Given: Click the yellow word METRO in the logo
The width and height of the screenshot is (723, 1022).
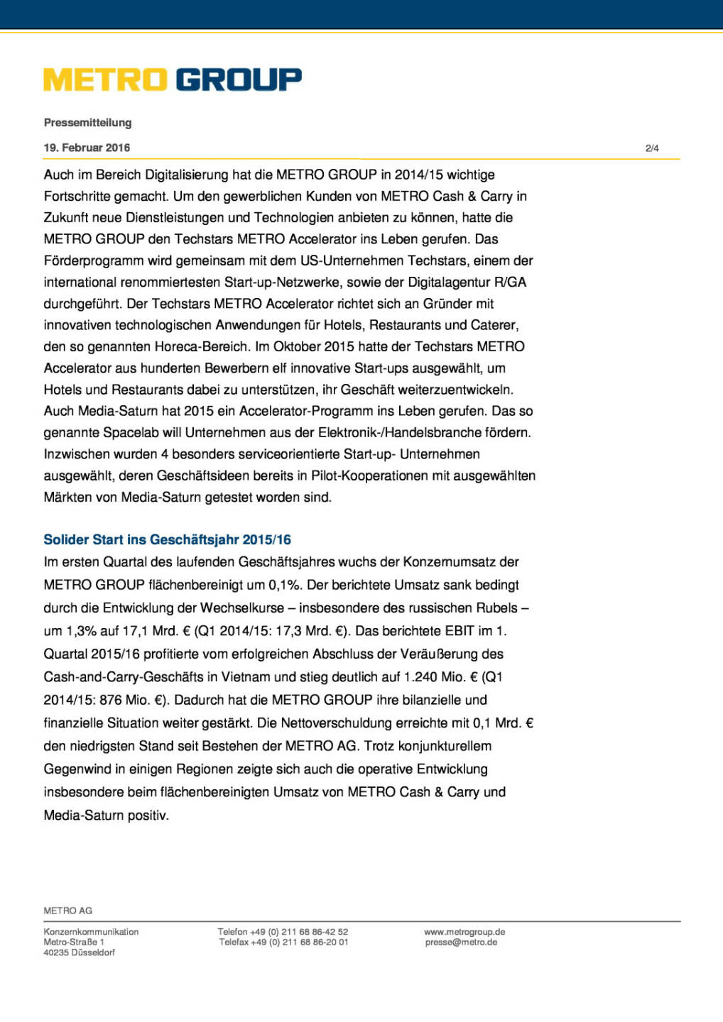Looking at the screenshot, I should point(106,79).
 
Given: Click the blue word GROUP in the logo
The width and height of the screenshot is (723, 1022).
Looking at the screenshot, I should point(239,79).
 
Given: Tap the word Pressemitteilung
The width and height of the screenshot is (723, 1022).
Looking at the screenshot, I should point(87,123).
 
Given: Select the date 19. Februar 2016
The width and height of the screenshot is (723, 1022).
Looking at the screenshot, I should point(87,148).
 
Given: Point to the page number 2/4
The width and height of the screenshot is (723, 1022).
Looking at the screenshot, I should point(652,148).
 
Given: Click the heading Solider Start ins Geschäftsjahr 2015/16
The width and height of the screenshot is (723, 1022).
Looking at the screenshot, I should point(167,539).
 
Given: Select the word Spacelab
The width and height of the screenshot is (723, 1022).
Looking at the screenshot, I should point(131,432).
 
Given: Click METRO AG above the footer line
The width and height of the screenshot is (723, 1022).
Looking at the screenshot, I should point(68,911).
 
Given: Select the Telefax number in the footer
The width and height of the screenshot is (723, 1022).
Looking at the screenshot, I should point(283,943).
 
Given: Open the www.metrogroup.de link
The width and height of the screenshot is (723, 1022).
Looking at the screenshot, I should point(464,932).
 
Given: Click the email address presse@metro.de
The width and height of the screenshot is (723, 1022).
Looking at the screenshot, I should point(461,943).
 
